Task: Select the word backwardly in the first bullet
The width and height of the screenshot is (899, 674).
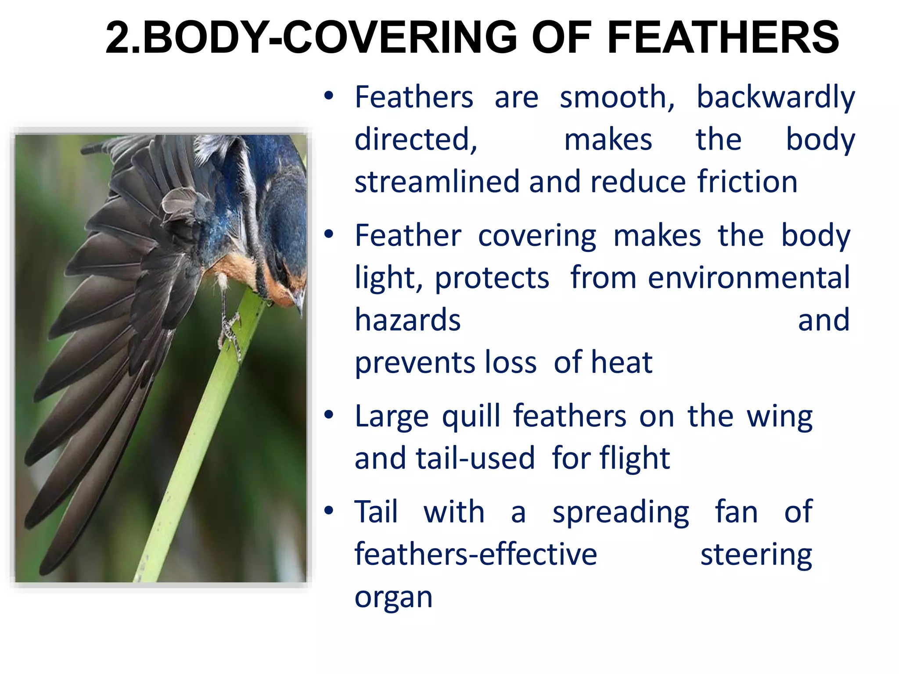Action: (x=776, y=97)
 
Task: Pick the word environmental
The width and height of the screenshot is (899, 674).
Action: (x=749, y=278)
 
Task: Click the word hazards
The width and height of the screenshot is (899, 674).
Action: (x=408, y=320)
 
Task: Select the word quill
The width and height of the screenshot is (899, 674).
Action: (x=471, y=416)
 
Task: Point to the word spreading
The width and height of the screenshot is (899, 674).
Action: (x=621, y=513)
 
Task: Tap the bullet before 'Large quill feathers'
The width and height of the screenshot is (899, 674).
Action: (x=329, y=415)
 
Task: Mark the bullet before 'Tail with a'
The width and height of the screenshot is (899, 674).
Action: (x=329, y=510)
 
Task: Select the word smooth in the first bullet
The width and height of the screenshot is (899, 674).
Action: (x=617, y=97)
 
